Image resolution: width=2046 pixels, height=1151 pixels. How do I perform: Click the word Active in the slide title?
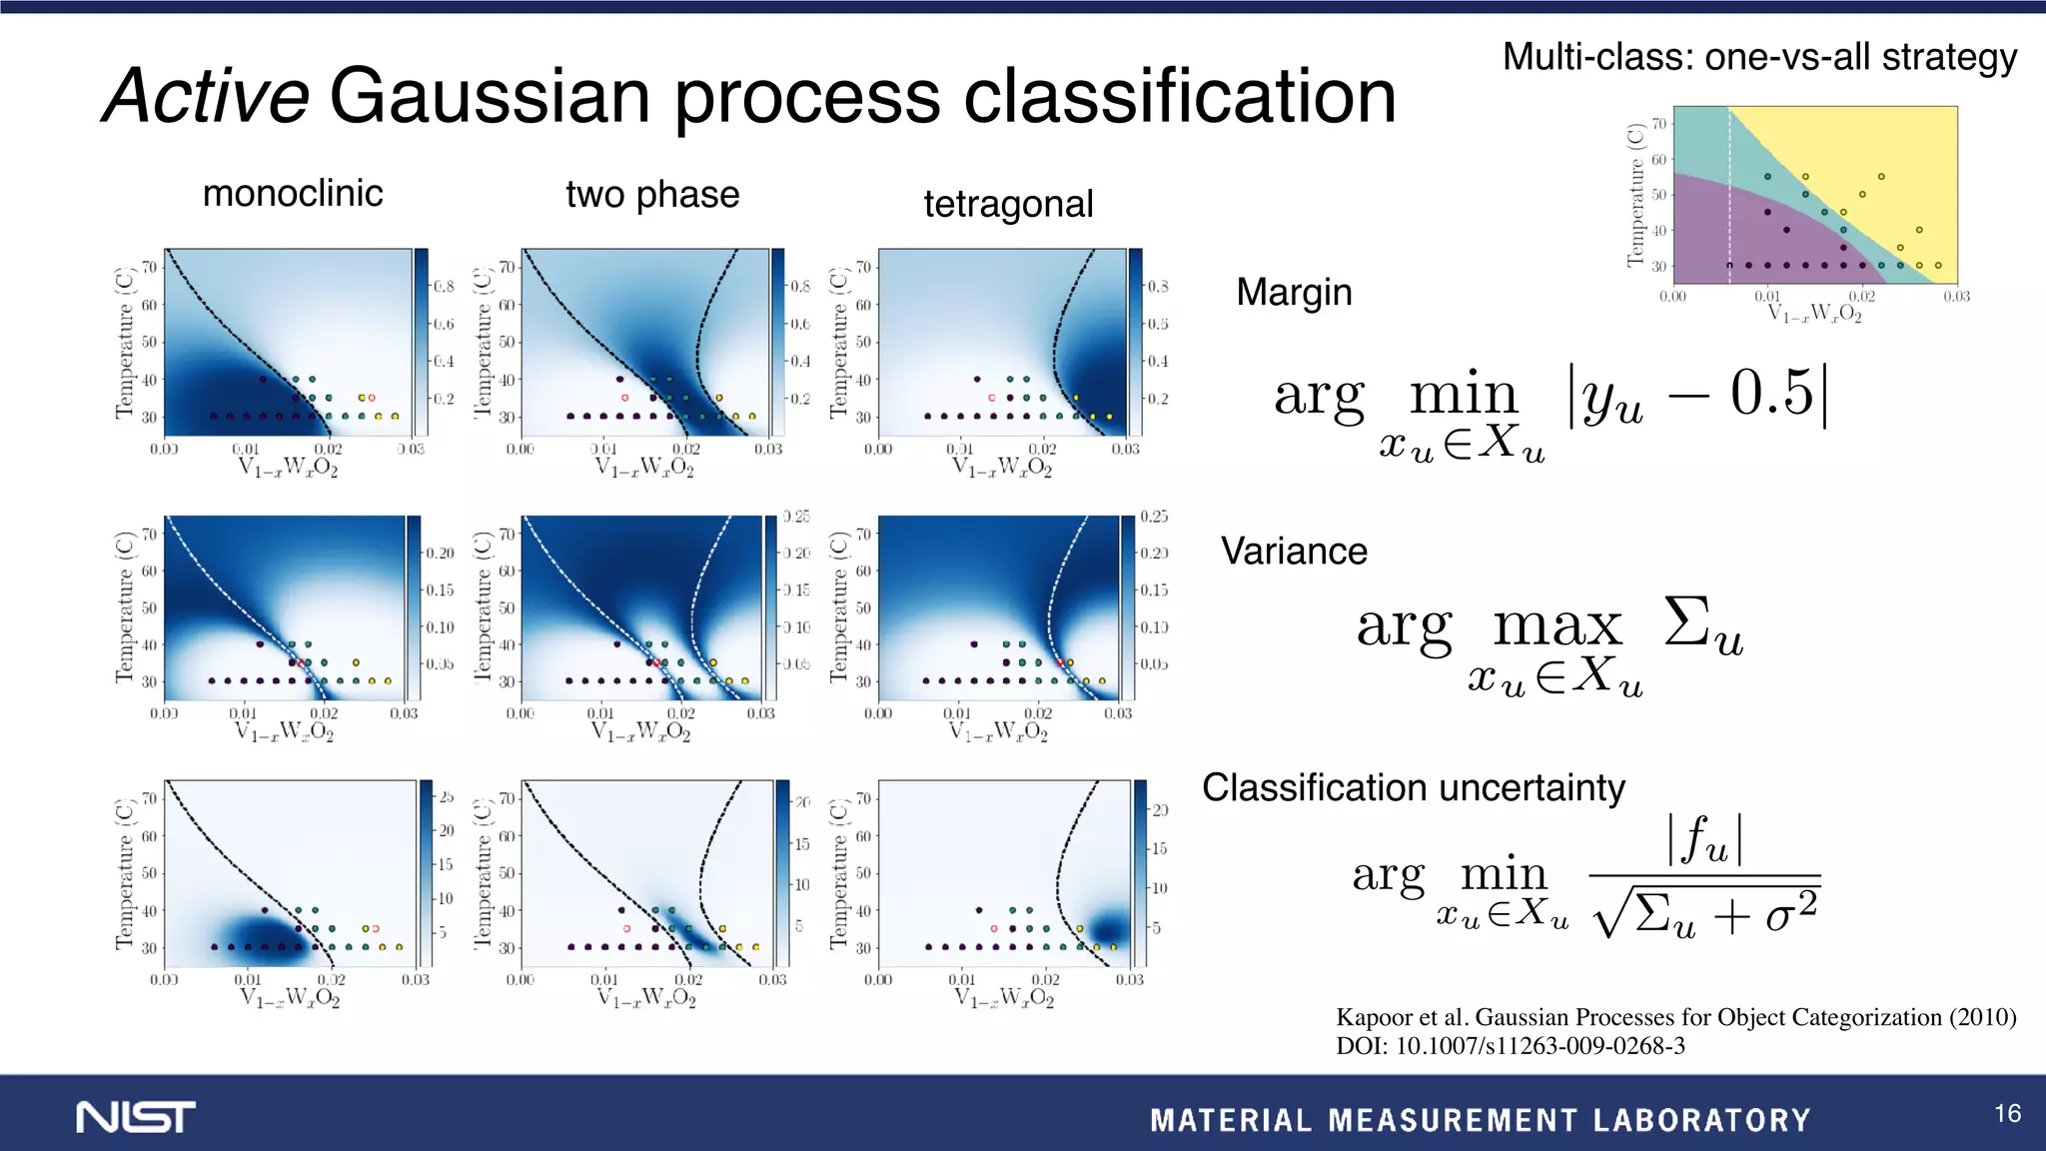tap(206, 97)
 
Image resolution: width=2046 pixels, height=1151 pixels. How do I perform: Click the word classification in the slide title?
tap(1170, 97)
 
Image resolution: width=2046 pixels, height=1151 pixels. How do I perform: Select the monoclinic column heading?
tap(293, 193)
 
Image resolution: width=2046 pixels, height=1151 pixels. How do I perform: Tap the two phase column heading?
tap(652, 194)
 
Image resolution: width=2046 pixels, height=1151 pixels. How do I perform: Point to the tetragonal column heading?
tap(1008, 204)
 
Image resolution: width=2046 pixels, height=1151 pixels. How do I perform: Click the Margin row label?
tap(1294, 292)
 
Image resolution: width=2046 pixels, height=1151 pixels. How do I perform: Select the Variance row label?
tap(1294, 551)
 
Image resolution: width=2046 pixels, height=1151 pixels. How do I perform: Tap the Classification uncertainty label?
tap(1413, 787)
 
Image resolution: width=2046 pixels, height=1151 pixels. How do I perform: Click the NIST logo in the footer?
tap(136, 1117)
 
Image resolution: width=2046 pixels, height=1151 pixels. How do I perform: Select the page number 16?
tap(2007, 1113)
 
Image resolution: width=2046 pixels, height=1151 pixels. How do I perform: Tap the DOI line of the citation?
tap(1510, 1046)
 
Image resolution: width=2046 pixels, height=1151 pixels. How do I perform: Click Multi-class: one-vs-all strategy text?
tap(1759, 57)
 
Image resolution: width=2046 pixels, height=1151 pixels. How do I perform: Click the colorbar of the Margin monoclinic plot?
tap(422, 340)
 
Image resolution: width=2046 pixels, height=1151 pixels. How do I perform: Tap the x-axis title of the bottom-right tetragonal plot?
tap(1003, 997)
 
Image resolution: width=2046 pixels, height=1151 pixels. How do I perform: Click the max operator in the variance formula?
tap(1556, 627)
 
